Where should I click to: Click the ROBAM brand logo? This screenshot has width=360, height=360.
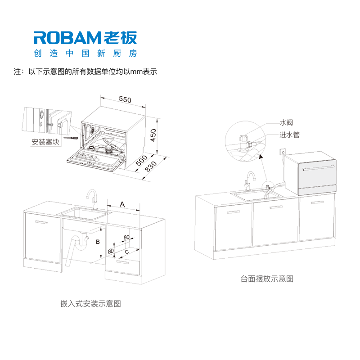coord(85,38)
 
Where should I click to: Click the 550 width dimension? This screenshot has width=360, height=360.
coord(125,99)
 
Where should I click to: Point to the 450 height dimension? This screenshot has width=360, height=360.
coord(153,135)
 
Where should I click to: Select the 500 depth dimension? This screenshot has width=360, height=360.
coord(141,160)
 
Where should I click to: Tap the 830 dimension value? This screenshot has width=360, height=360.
coord(151,166)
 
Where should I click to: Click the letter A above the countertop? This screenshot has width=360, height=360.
coord(122,204)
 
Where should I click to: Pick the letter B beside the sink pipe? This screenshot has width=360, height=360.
coord(98,242)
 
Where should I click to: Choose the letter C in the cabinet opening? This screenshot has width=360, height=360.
coord(127,252)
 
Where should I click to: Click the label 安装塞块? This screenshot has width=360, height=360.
coord(45,142)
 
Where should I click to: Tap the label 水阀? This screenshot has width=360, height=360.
coord(286,122)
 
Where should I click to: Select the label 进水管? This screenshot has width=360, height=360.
coord(289,135)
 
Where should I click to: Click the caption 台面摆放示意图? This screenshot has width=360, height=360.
coord(267,279)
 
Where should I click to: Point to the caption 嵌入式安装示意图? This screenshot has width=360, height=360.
coord(90,303)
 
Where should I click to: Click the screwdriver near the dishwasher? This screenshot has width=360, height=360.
coord(71,138)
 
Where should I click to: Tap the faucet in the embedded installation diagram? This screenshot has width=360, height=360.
coord(93,199)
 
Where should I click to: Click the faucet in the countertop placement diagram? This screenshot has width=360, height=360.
coord(250,181)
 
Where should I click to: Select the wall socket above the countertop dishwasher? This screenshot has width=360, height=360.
coord(283,152)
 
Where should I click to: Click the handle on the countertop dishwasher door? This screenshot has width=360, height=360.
coord(319,167)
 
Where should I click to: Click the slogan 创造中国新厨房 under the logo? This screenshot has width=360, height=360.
coord(85,53)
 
